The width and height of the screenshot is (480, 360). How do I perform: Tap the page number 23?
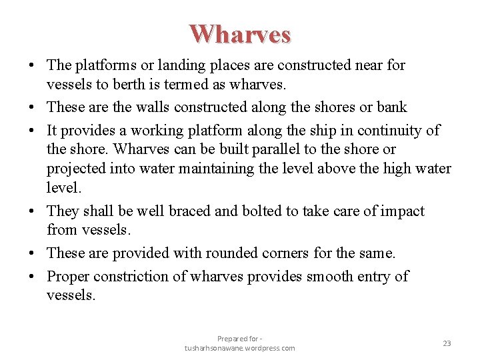click(x=447, y=343)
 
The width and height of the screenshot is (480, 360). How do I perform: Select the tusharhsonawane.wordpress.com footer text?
click(x=240, y=348)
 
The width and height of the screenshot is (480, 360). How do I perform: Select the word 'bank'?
click(x=391, y=107)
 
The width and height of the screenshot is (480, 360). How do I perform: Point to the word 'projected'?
click(x=78, y=169)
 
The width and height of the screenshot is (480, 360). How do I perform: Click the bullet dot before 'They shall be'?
click(x=33, y=212)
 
